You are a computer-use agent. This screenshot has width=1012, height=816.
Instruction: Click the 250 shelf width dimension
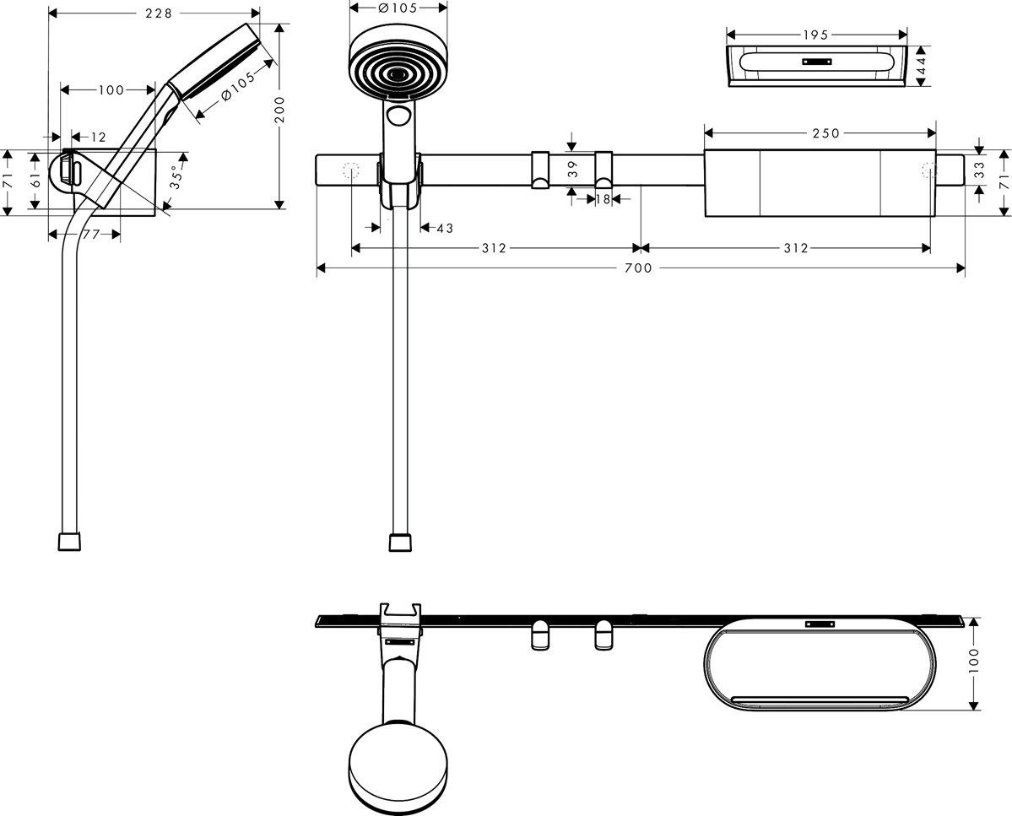(x=825, y=132)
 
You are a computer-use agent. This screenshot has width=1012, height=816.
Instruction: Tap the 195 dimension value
(x=816, y=35)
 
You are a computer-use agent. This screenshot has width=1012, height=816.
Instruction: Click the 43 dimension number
(x=445, y=228)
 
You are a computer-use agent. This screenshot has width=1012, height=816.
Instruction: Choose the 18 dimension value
(x=601, y=199)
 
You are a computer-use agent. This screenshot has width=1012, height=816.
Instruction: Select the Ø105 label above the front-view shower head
(x=396, y=8)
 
